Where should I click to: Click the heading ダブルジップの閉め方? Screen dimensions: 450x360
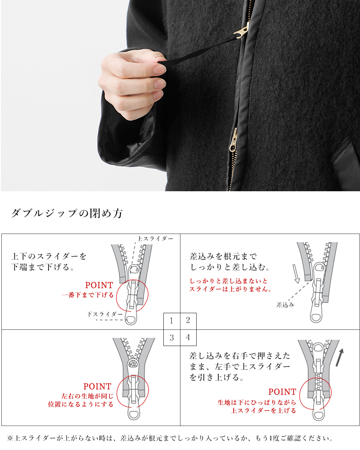click(x=67, y=213)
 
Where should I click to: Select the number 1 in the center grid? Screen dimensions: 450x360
click(x=171, y=321)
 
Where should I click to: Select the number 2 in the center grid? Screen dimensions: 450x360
click(x=188, y=321)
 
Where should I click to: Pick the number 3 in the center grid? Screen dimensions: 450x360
click(x=171, y=337)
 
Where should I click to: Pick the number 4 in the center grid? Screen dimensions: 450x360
click(x=188, y=337)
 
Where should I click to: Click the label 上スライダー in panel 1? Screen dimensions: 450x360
click(x=155, y=238)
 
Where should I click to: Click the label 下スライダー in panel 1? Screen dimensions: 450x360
click(x=105, y=315)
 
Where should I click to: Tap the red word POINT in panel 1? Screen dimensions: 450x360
click(x=99, y=285)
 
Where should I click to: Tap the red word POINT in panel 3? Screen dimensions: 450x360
click(x=97, y=387)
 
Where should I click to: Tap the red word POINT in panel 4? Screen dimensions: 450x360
click(x=282, y=392)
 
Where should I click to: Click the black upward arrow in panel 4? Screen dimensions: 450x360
click(x=341, y=358)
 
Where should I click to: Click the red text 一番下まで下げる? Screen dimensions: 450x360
click(x=88, y=295)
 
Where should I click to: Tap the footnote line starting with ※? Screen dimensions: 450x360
click(x=171, y=438)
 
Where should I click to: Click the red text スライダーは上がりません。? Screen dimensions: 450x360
click(x=230, y=289)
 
